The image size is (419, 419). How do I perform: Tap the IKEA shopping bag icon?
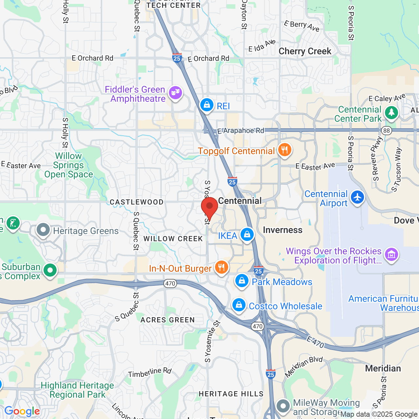coord(247,235)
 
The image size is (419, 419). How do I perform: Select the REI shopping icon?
coord(207,105)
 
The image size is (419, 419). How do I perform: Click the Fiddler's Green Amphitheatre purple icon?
coord(175,93)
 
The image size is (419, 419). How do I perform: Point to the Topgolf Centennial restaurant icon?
coord(285,150)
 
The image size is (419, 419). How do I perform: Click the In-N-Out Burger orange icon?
coord(222,268)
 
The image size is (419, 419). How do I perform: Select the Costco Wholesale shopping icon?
coord(239,305)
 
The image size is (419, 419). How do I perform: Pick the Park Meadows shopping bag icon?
coord(242,281)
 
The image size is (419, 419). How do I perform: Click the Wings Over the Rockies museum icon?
coord(392,254)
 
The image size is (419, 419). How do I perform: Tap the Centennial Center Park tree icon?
coord(392,113)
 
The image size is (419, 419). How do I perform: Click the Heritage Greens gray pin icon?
coord(43,230)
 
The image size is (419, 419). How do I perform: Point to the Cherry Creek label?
coord(305,51)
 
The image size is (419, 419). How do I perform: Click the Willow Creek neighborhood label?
coord(173,239)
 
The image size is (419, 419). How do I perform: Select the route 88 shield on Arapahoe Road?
coord(387,131)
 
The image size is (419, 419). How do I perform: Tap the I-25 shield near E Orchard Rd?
coord(177,58)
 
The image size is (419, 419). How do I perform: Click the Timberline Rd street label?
coord(150,372)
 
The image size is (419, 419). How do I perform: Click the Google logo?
coord(22,411)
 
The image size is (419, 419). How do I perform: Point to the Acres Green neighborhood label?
coord(168,320)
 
